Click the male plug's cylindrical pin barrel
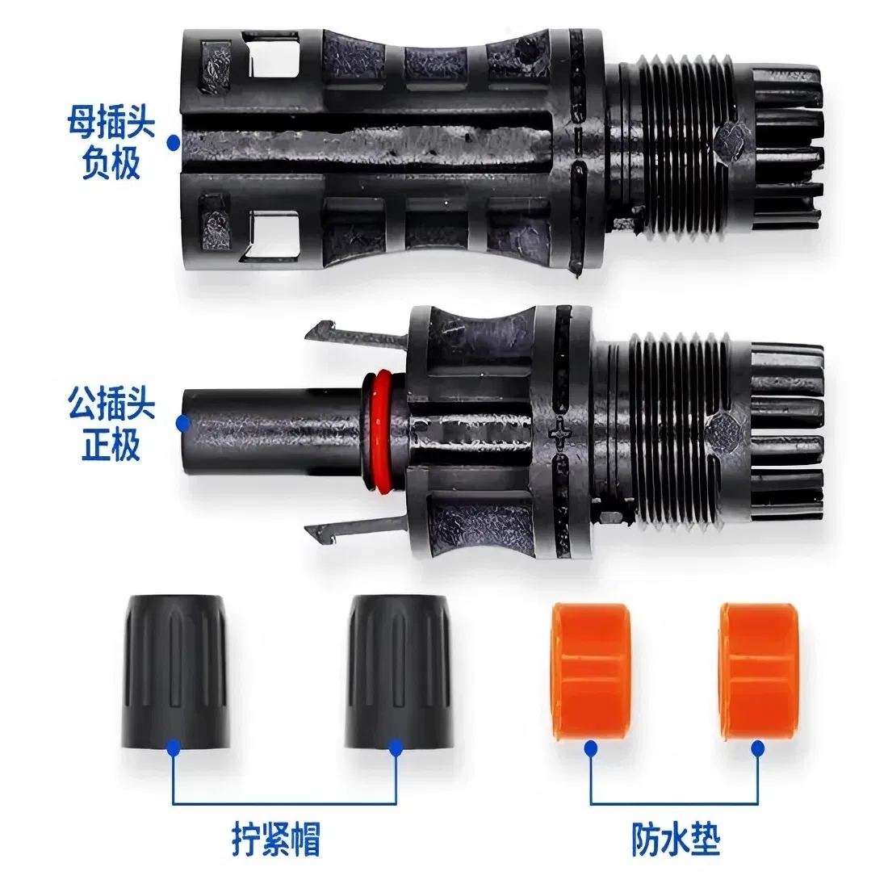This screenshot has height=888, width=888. pyautogui.click(x=266, y=431)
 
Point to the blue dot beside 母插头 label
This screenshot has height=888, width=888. pyautogui.click(x=173, y=142)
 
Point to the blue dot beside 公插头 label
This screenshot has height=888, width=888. pyautogui.click(x=184, y=421)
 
